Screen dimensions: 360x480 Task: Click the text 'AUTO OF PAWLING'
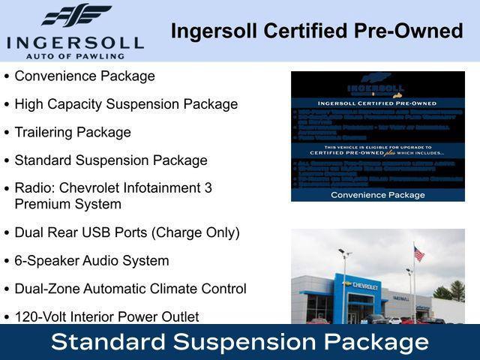pyautogui.click(x=75, y=55)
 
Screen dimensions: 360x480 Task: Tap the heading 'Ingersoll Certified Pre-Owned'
pyautogui.click(x=316, y=31)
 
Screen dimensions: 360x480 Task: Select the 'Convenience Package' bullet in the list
pyautogui.click(x=85, y=76)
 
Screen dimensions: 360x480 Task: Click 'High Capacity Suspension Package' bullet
pyautogui.click(x=126, y=104)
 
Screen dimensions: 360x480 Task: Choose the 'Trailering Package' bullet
pyautogui.click(x=73, y=132)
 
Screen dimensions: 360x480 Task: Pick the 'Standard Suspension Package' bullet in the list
pyautogui.click(x=111, y=160)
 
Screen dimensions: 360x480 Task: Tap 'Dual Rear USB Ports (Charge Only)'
pyautogui.click(x=127, y=232)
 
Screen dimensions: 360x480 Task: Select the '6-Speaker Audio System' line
pyautogui.click(x=91, y=261)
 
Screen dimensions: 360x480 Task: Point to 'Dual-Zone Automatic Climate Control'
pyautogui.click(x=130, y=289)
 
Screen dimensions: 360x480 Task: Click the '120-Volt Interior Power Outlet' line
pyautogui.click(x=106, y=316)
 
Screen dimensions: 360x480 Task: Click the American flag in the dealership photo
pyautogui.click(x=418, y=254)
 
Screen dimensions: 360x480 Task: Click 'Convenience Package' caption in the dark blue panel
pyautogui.click(x=378, y=195)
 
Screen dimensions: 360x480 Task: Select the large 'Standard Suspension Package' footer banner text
pyautogui.click(x=240, y=343)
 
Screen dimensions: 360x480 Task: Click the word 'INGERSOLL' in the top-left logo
pyautogui.click(x=75, y=41)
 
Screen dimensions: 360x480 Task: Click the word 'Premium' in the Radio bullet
pyautogui.click(x=42, y=204)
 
